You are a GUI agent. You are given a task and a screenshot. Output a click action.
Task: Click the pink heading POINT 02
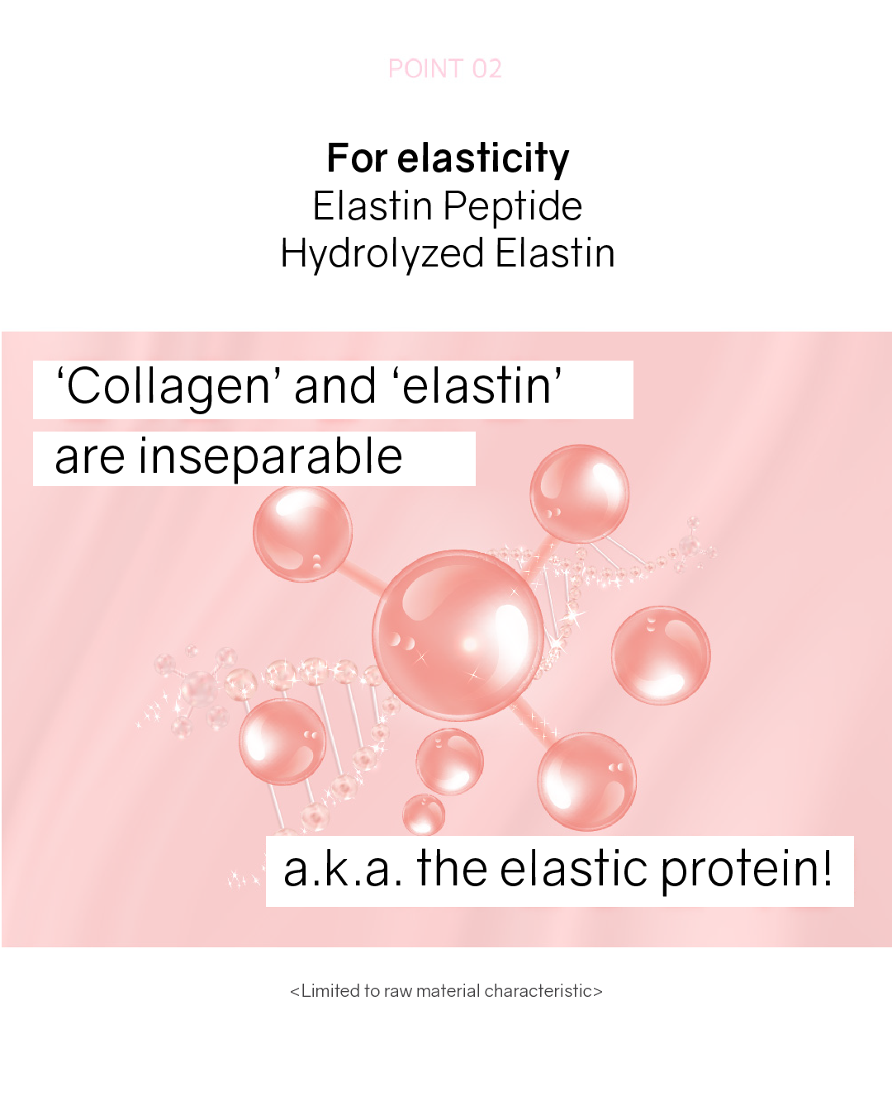445,68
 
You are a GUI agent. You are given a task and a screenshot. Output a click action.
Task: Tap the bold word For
357,158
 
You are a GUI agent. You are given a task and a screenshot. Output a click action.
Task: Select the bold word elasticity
483,159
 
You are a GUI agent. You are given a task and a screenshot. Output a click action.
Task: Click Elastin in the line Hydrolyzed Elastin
555,253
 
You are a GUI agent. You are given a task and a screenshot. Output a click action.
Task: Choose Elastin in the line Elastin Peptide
372,206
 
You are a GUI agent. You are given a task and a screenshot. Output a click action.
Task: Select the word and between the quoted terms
334,386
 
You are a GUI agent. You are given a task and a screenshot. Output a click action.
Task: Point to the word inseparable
270,457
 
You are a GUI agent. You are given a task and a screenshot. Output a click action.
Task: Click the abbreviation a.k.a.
343,870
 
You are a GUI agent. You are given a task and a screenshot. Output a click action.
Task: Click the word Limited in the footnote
329,991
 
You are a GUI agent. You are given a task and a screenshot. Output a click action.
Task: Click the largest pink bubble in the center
458,635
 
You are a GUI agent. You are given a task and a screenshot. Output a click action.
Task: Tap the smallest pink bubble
424,814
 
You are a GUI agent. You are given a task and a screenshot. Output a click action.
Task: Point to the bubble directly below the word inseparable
302,533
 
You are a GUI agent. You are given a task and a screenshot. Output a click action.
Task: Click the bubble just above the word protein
586,781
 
